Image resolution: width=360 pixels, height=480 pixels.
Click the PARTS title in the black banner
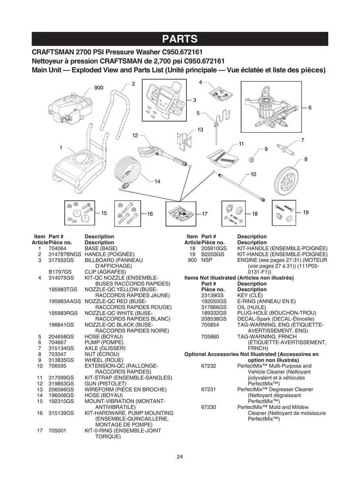point(180,39)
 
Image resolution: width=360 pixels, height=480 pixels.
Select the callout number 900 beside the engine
point(99,88)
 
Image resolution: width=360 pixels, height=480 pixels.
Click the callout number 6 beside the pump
point(310,108)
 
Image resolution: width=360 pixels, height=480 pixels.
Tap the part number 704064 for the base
point(57,248)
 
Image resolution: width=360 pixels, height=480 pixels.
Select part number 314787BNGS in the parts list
point(65,254)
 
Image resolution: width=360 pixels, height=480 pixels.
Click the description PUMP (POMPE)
point(104,343)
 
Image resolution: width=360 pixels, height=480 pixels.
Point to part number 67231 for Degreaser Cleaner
point(208,389)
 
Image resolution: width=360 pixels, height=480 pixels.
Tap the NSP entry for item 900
point(207,260)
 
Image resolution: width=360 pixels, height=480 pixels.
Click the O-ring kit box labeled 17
point(181,214)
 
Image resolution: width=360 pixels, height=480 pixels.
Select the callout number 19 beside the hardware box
point(306,212)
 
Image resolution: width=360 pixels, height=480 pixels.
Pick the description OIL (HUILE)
point(252,307)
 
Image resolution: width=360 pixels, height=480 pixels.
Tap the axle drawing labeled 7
point(285,149)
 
